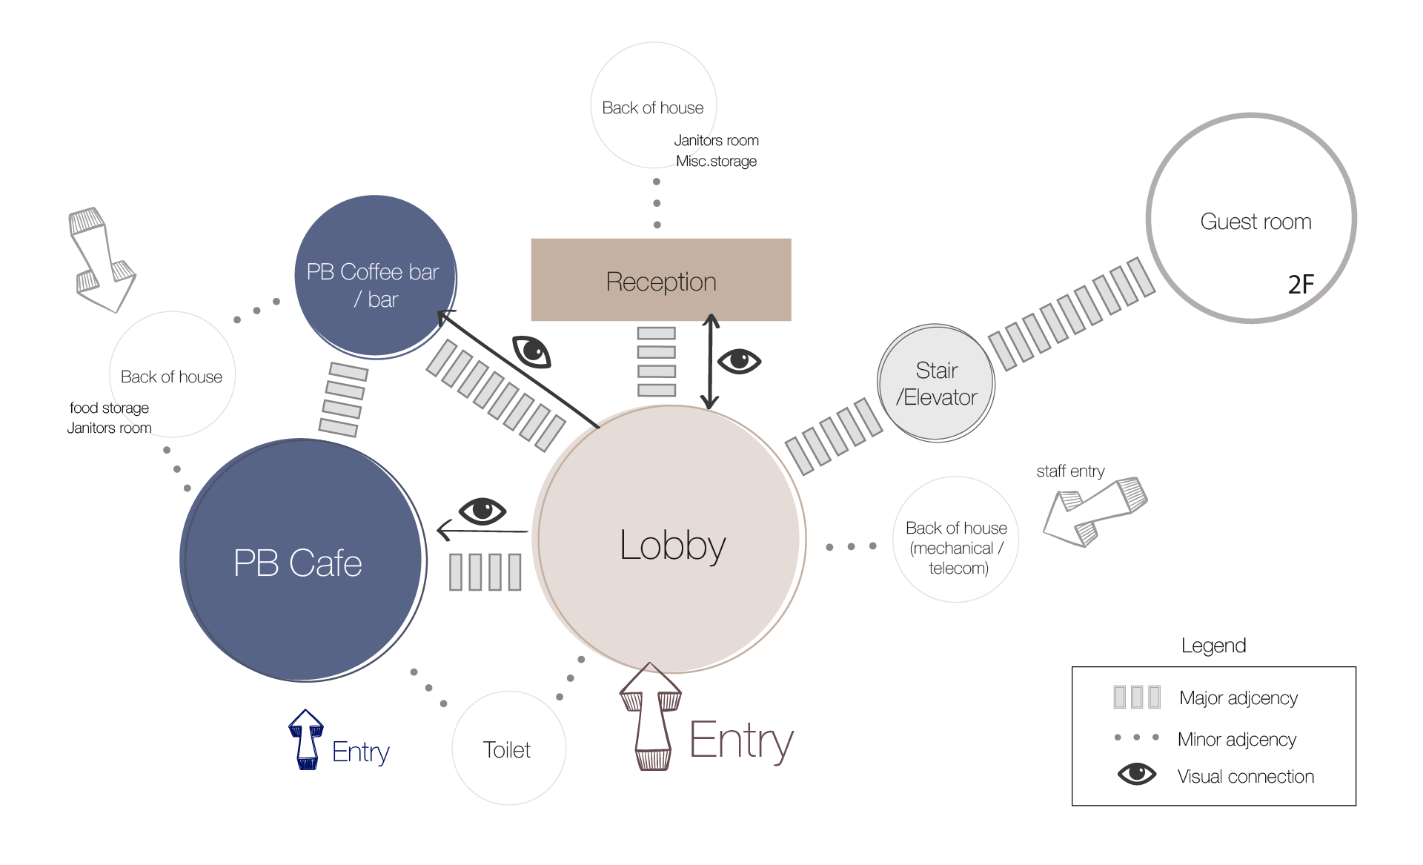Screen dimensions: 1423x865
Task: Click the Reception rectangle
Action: (x=661, y=279)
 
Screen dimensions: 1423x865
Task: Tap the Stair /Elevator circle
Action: (x=936, y=383)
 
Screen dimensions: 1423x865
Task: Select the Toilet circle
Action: (x=509, y=748)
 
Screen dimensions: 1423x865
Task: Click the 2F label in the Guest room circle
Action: (x=1301, y=284)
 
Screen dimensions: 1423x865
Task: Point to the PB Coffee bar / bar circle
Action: (x=376, y=276)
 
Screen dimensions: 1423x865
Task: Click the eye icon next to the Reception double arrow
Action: (x=740, y=361)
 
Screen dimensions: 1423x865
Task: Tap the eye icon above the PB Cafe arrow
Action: (x=482, y=510)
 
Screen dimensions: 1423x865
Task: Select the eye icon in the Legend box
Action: (x=1137, y=774)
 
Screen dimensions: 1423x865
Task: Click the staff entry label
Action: (x=1070, y=471)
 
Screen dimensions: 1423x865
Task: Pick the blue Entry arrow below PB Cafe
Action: (x=306, y=740)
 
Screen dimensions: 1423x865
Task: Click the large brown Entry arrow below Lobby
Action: (x=651, y=717)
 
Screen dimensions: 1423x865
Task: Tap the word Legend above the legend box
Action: (x=1213, y=646)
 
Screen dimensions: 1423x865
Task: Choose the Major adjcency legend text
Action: (x=1238, y=698)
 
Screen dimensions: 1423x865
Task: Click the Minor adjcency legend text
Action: (x=1237, y=739)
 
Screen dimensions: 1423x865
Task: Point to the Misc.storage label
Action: (x=716, y=161)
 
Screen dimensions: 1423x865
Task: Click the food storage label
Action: (x=109, y=408)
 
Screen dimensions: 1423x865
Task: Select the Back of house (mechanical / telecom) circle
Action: (x=956, y=540)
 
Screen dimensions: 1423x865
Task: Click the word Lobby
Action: (x=672, y=546)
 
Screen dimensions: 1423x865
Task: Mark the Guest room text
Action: (x=1256, y=222)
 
